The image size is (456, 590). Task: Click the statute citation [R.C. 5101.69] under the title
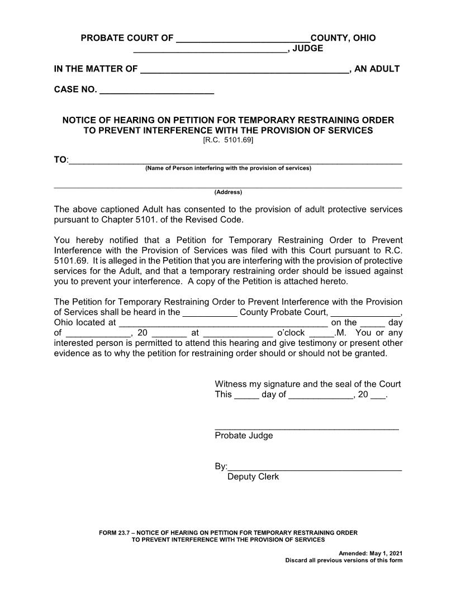pyautogui.click(x=228, y=140)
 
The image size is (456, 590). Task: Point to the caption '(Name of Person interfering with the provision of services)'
pyautogui.click(x=228, y=168)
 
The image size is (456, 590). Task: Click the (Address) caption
pyautogui.click(x=228, y=192)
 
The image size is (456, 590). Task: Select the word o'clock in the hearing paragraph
pyautogui.click(x=291, y=333)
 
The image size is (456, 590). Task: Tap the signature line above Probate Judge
pyautogui.click(x=306, y=428)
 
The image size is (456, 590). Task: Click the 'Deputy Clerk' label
pyautogui.click(x=253, y=477)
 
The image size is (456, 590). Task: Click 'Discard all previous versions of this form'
pyautogui.click(x=343, y=560)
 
